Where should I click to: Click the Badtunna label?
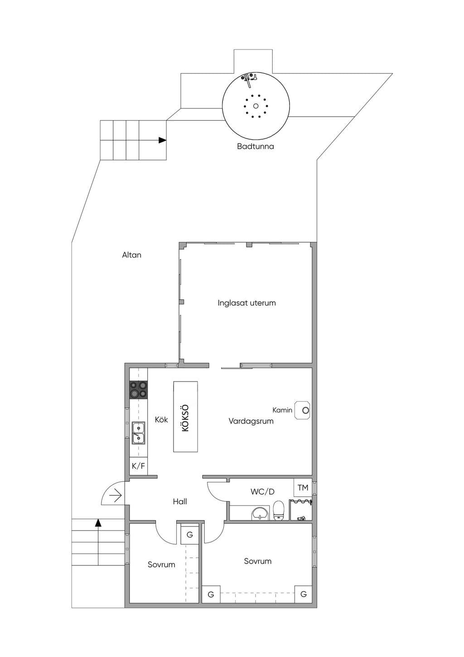tap(255, 146)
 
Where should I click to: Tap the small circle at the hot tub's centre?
tap(256, 106)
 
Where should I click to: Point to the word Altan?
tap(131, 255)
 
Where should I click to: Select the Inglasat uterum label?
tap(246, 303)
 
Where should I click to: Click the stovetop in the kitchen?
tap(138, 389)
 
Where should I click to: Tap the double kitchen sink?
tap(138, 433)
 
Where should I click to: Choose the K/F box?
tap(138, 466)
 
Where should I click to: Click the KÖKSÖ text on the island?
tap(185, 418)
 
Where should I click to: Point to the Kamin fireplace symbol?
tap(303, 410)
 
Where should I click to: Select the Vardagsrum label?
tap(251, 421)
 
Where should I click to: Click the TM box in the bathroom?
tap(303, 487)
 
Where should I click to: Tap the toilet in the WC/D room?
tap(279, 511)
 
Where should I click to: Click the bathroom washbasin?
tap(259, 514)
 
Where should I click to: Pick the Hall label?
tap(180, 501)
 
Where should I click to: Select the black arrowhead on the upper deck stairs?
tap(162, 140)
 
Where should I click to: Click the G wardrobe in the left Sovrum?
tap(190, 535)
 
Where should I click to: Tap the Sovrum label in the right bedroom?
tap(258, 561)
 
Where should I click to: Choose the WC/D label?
tap(262, 492)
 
